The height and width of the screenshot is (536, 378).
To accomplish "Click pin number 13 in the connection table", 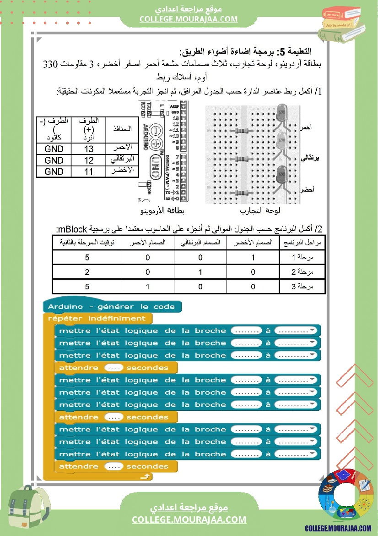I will pos(89,149).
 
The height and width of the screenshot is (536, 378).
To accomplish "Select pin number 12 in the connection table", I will pos(89,160).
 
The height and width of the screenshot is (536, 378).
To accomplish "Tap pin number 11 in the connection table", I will pos(89,171).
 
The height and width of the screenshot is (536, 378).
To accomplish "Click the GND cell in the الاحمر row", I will pos(54,149).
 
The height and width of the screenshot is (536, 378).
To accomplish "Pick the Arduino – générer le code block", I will pos(111,306).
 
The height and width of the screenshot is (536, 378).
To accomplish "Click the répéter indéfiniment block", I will pos(97,318).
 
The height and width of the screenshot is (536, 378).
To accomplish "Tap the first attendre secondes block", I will pos(114,368).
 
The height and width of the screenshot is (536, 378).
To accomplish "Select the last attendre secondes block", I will pos(114,466).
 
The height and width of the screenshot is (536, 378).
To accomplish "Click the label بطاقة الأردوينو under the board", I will pos(163,211).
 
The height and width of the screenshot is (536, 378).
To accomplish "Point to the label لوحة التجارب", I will pos(260,211).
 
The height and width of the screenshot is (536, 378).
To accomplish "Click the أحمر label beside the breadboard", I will pos(305,128).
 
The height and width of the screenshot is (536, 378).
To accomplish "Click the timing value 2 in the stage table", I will pos(87,272).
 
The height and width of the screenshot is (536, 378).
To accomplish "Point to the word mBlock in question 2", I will pos(74,229).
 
